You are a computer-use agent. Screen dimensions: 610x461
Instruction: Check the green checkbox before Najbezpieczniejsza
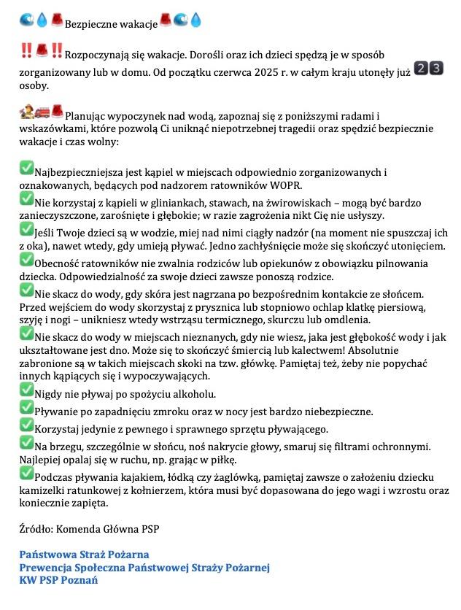coord(26,169)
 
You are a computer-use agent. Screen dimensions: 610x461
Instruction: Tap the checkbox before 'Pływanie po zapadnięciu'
coord(26,409)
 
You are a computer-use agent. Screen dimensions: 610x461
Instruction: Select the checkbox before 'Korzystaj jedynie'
coord(26,425)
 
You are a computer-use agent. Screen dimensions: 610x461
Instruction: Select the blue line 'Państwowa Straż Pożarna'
coord(84,555)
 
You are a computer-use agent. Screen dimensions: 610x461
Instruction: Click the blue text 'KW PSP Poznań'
coord(58,581)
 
